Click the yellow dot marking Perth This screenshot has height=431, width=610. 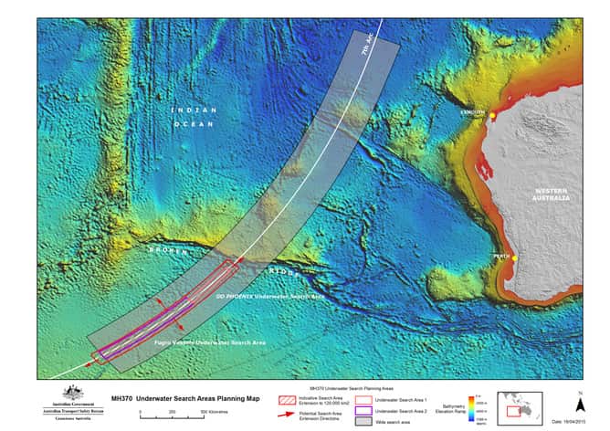point(515,258)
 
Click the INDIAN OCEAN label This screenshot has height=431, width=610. point(193,116)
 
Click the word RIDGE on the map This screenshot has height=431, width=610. point(280,272)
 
